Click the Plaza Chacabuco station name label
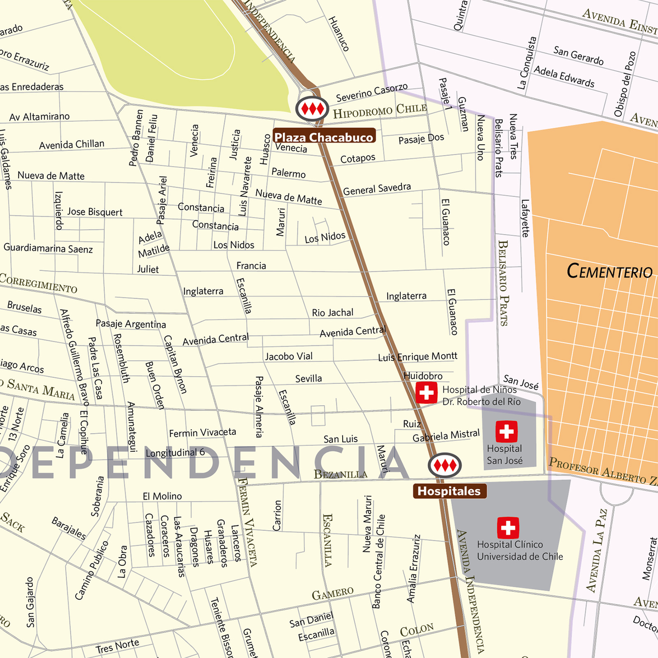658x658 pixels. tap(324, 137)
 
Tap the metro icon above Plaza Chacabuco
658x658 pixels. tap(312, 109)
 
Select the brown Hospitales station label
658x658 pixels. tap(449, 491)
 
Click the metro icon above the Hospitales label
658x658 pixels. tap(445, 466)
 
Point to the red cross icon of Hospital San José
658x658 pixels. tap(506, 432)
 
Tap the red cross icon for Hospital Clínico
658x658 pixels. tap(508, 528)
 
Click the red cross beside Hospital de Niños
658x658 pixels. tap(426, 393)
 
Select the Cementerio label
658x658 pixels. tap(609, 271)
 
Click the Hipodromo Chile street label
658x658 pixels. tap(380, 111)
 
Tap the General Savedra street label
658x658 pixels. tap(377, 189)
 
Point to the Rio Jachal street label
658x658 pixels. tap(332, 313)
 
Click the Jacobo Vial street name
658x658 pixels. tap(288, 356)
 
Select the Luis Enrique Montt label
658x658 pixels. tap(417, 357)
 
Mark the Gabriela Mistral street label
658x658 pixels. tap(446, 436)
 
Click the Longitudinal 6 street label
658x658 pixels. tap(175, 452)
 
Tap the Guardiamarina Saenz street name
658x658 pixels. tap(48, 248)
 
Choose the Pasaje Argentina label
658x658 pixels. tap(131, 324)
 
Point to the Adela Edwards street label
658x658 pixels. tap(564, 77)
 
